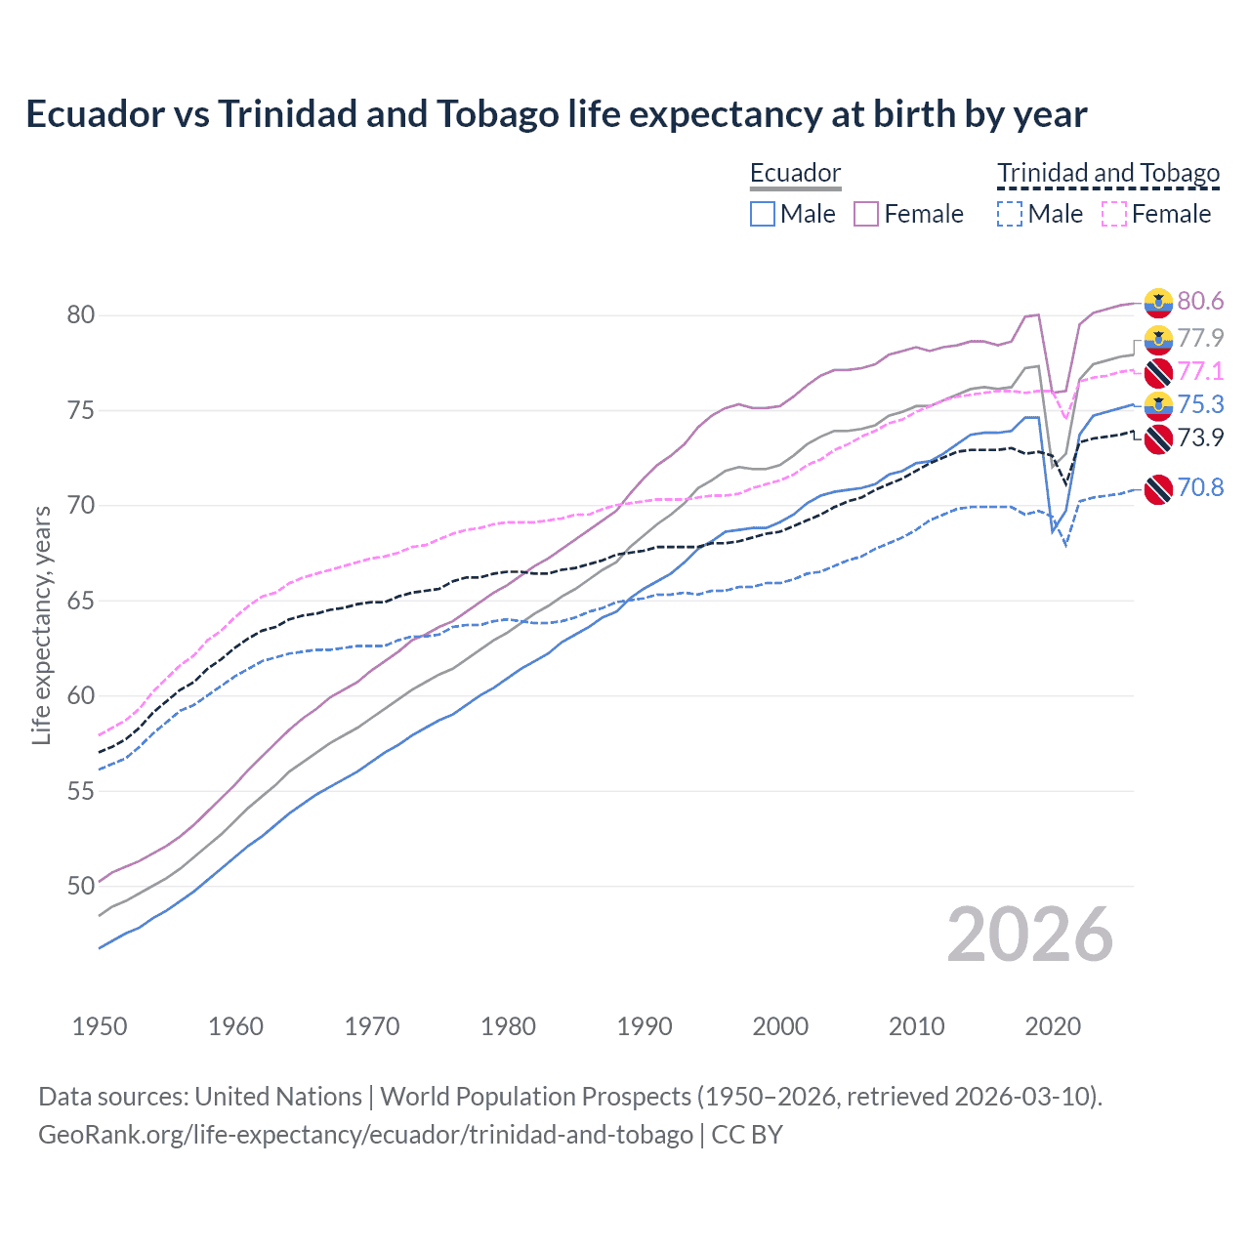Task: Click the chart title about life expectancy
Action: tap(556, 114)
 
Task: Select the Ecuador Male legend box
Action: tap(763, 214)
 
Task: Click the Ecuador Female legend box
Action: tap(866, 214)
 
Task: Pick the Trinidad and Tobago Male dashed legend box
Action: tap(1010, 214)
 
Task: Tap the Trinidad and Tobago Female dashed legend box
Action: tap(1114, 214)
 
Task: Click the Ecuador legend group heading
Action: tap(795, 173)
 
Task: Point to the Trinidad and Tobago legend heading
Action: tap(1108, 173)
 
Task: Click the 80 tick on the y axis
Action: tap(81, 314)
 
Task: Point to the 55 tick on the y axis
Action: tap(81, 791)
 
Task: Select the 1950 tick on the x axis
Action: tap(100, 1026)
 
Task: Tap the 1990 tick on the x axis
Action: tap(645, 1026)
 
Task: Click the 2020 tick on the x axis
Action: tap(1053, 1026)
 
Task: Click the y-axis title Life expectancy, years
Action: tap(41, 625)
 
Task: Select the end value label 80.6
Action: tap(1200, 302)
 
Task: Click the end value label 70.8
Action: tap(1200, 487)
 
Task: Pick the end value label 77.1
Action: tap(1200, 371)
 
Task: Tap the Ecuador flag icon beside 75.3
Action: tap(1158, 405)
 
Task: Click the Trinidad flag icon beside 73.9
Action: tap(1158, 438)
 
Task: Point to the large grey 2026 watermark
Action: tap(1030, 935)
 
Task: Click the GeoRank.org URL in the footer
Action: tap(365, 1135)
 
